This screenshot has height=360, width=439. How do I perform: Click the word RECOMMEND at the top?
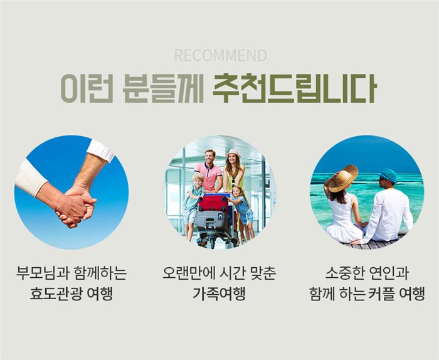point(221,55)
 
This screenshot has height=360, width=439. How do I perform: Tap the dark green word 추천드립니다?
point(294,88)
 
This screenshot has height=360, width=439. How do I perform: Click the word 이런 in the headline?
point(87,88)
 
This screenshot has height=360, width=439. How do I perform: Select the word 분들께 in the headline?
point(163,88)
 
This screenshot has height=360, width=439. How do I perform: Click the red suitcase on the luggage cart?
point(213,203)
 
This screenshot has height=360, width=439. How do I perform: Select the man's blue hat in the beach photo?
point(388,175)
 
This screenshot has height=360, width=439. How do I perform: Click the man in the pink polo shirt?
point(209,171)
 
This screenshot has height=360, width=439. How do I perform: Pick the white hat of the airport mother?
point(233,153)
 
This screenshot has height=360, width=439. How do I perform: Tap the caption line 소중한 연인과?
point(367,273)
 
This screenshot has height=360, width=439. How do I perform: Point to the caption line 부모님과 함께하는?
point(71,273)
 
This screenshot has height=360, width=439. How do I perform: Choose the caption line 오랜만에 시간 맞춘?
point(219,273)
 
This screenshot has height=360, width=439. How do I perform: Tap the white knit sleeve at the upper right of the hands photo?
point(100,151)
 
